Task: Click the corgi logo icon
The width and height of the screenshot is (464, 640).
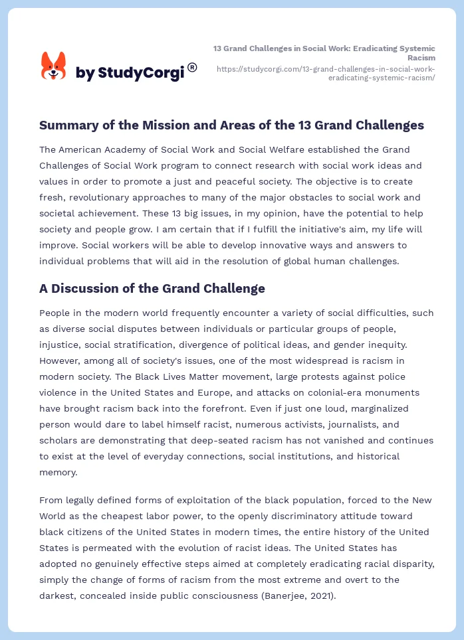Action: [54, 66]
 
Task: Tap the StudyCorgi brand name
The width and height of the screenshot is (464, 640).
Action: [130, 73]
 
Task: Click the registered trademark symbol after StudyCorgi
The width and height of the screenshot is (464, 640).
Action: [192, 67]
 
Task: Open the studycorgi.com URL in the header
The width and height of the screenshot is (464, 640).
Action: [326, 73]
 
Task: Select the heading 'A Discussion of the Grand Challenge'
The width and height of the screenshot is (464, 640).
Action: [152, 288]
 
